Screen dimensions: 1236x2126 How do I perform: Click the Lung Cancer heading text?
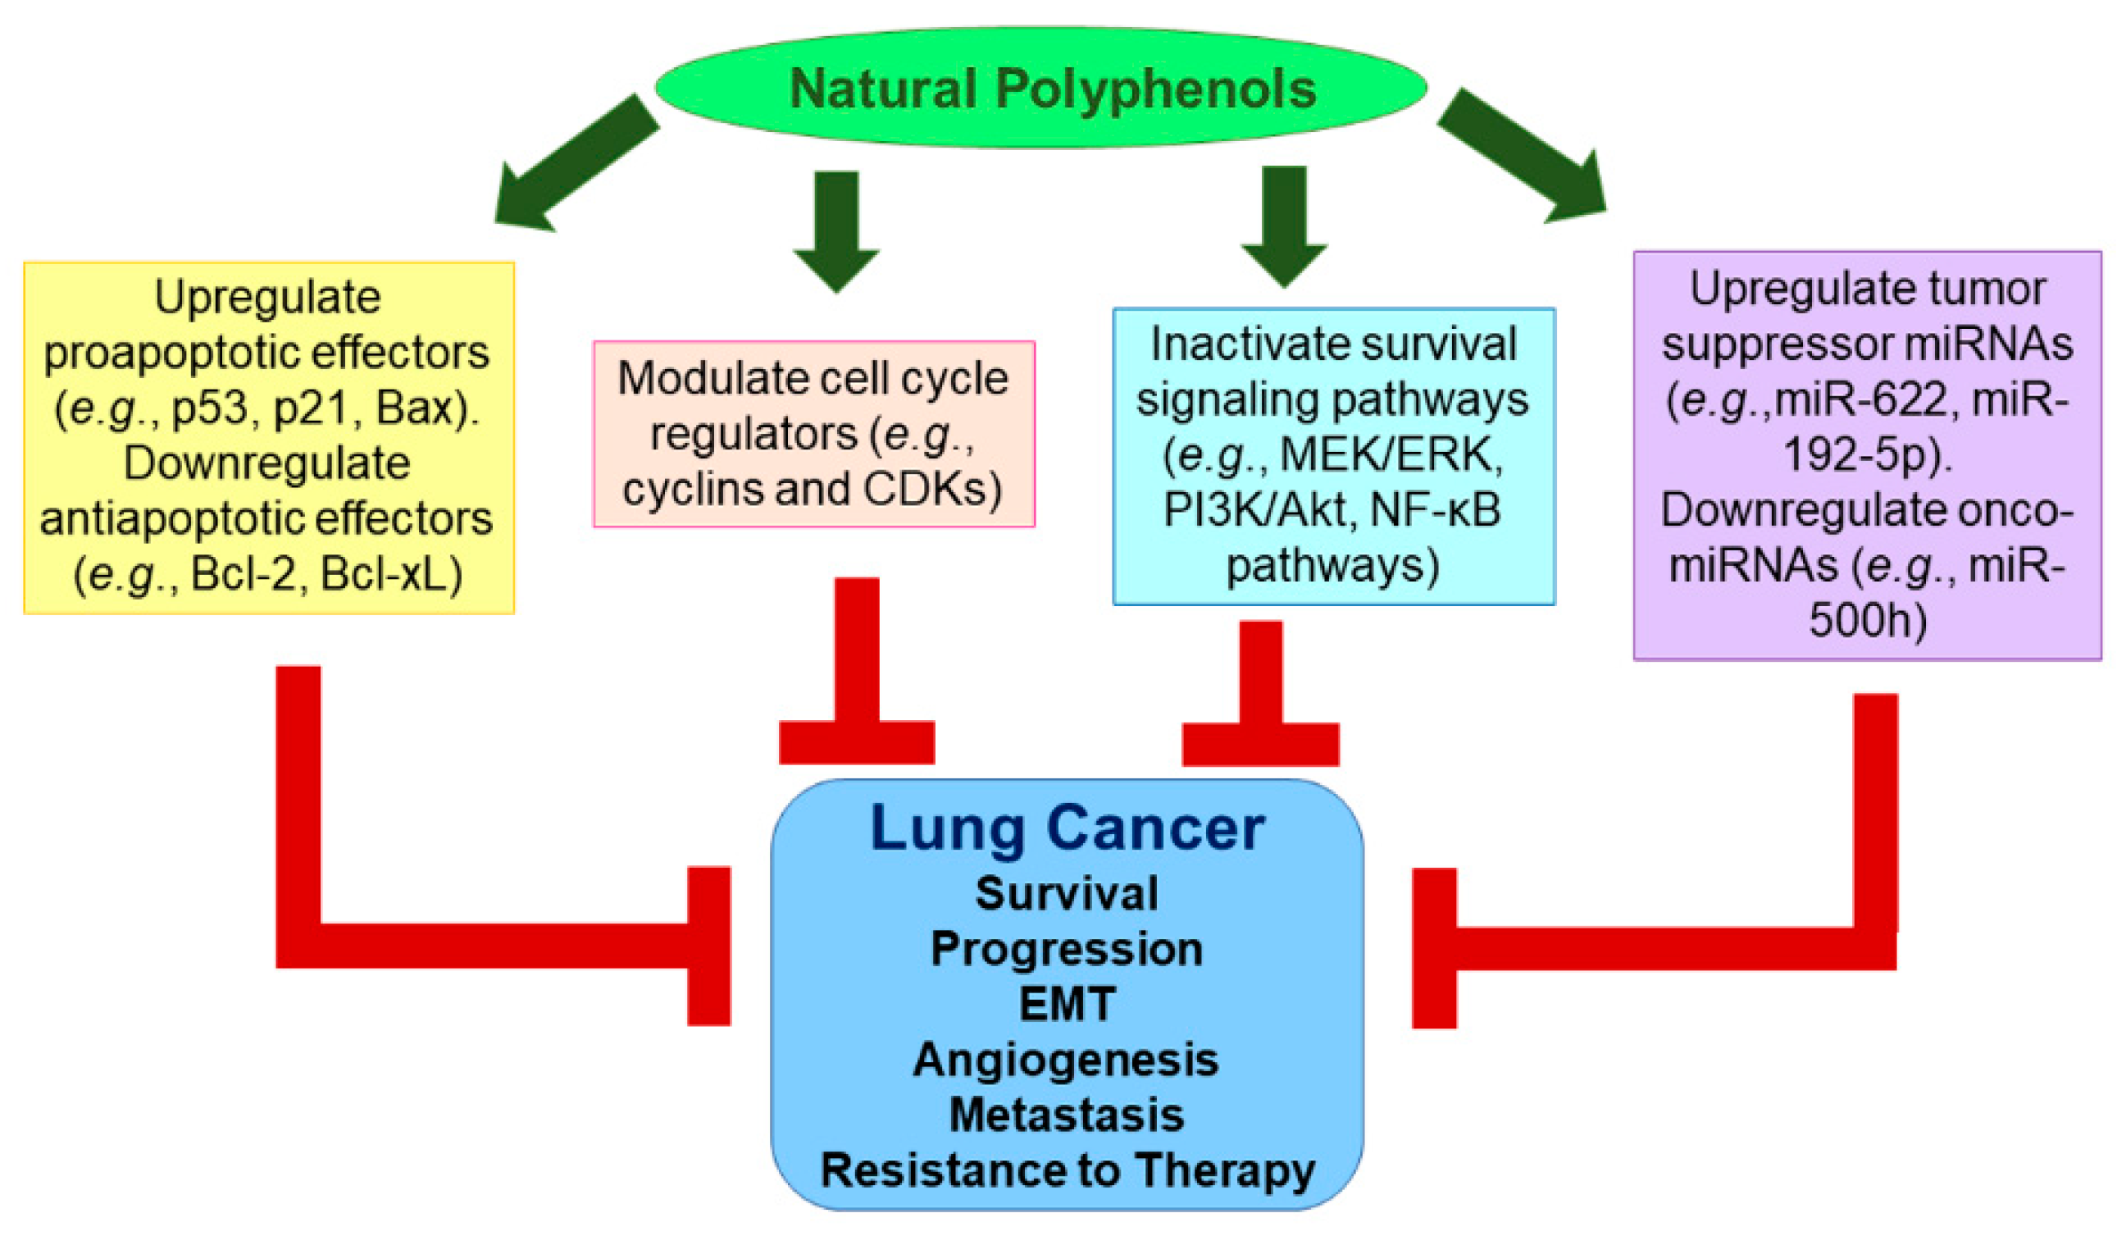pyautogui.click(x=1067, y=828)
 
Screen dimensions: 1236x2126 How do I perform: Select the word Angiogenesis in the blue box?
pyautogui.click(x=1066, y=1060)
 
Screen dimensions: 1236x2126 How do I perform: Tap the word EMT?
pyautogui.click(x=1067, y=1004)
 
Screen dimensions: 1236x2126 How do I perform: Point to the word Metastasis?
pyautogui.click(x=1067, y=1115)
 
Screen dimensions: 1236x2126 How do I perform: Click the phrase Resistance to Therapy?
pyautogui.click(x=1068, y=1170)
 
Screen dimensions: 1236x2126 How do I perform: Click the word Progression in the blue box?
pyautogui.click(x=1067, y=948)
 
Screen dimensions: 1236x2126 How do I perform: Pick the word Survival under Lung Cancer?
pyautogui.click(x=1067, y=893)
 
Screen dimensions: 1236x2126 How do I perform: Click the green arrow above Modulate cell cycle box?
pyautogui.click(x=836, y=228)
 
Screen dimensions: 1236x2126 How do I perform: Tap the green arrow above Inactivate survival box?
pyautogui.click(x=1284, y=223)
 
